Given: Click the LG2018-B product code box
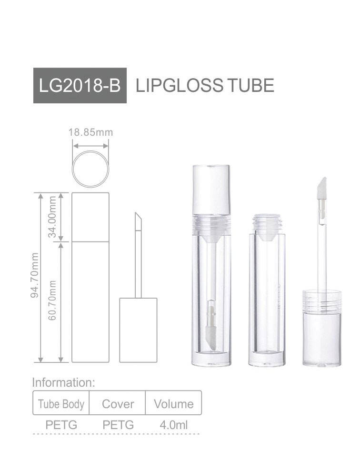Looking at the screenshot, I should point(80,86).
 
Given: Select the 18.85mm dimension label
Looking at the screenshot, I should point(90,132).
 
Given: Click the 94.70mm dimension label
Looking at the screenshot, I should point(34,282).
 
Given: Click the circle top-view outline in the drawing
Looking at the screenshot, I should point(90,169).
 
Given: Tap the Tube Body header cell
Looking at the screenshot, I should point(61,404).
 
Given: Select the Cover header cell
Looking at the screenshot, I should point(118,404).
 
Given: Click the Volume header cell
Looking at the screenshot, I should point(174,404).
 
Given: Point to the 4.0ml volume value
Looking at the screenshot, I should point(174,424).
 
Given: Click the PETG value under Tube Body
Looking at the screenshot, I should point(61,424).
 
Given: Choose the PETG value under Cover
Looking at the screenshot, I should point(118,424).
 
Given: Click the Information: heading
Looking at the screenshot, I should point(64,382).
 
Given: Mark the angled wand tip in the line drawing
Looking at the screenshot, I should point(138,220).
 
